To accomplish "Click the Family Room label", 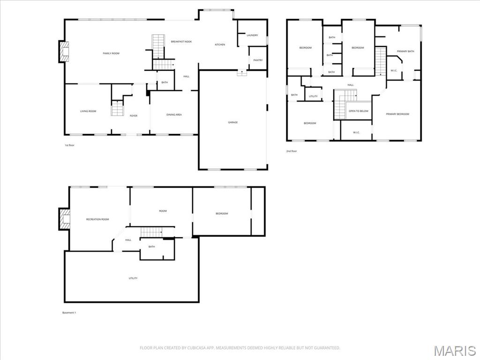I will click(111, 53).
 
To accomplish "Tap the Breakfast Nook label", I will click(181, 42).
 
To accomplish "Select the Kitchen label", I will click(220, 45).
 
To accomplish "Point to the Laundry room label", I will click(252, 35).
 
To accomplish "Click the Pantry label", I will click(258, 60).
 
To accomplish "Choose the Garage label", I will click(233, 122).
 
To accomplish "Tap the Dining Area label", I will click(174, 114).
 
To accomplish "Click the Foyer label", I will click(134, 116).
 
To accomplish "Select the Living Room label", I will click(88, 111).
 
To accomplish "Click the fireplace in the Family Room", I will click(64, 52).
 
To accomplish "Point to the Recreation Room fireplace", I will click(64, 219).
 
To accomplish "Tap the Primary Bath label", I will click(405, 51).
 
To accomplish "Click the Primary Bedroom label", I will click(397, 114).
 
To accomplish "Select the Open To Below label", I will click(359, 111).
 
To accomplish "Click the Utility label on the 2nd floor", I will click(313, 96).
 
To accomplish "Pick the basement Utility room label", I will click(133, 278).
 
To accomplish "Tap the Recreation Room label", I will click(97, 219).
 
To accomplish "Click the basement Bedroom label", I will click(222, 213).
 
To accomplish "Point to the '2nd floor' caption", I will click(292, 151).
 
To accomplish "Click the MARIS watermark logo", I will click(454, 351).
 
